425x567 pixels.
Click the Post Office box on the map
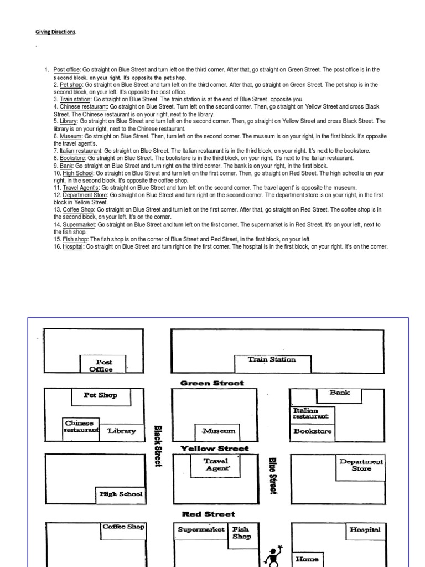(x=101, y=365)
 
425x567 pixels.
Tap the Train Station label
(x=271, y=359)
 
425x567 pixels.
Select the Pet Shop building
(x=100, y=395)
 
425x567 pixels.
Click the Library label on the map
(x=121, y=431)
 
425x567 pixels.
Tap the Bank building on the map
(x=340, y=393)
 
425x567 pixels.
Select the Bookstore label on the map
(x=313, y=431)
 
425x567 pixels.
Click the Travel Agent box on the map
(x=216, y=465)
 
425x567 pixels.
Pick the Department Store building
(x=361, y=466)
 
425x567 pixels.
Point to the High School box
(x=121, y=494)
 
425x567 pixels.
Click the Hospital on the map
(x=364, y=530)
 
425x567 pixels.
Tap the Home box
(x=307, y=559)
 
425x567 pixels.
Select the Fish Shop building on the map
(x=241, y=533)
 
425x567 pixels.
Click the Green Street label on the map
(x=212, y=383)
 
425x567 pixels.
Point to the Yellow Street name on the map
(x=215, y=449)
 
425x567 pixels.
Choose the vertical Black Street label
(x=157, y=446)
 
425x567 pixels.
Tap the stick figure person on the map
(x=274, y=555)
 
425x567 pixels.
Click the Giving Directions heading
(x=55, y=32)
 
